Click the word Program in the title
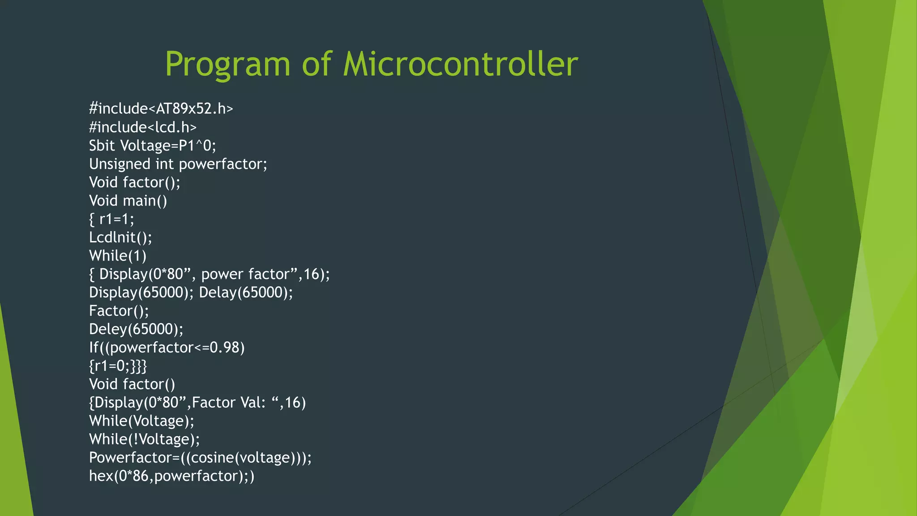tap(228, 64)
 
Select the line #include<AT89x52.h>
tap(161, 109)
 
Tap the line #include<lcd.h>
tap(142, 128)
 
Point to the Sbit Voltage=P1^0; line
tap(152, 146)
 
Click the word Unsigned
tap(120, 164)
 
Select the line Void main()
tap(128, 201)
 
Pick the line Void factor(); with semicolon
tap(134, 183)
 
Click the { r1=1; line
tap(111, 219)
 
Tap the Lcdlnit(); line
tap(120, 238)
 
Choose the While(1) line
tap(118, 256)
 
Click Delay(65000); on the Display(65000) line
tap(246, 293)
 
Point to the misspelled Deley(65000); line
tap(136, 330)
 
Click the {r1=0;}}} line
tap(118, 366)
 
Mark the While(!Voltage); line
tap(144, 439)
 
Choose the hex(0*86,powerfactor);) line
tap(171, 476)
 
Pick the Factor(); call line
tap(119, 311)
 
